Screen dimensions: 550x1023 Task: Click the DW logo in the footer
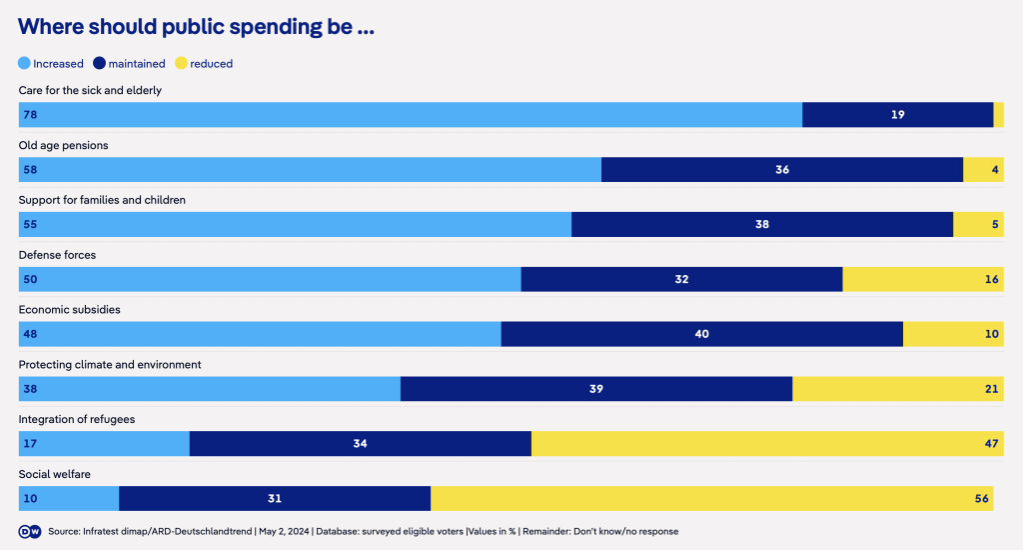point(30,531)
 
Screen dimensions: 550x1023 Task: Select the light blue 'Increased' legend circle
point(25,63)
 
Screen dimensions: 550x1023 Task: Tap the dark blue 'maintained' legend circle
point(99,63)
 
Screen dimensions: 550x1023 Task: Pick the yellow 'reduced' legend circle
point(181,63)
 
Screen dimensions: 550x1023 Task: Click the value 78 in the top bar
point(30,115)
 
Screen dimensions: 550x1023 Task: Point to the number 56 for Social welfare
point(982,499)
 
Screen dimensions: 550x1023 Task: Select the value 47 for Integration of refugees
point(992,444)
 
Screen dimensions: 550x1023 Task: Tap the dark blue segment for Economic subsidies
point(701,334)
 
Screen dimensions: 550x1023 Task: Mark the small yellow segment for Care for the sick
point(998,115)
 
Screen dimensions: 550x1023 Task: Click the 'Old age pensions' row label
point(64,145)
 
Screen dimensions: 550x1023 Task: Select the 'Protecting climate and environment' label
point(110,365)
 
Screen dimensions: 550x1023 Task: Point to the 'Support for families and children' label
point(102,200)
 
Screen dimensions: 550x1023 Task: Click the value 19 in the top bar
point(897,115)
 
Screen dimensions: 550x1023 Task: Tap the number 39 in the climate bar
point(596,389)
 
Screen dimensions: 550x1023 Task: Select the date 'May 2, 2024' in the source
point(283,531)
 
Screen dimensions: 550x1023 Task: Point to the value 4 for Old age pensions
point(995,170)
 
